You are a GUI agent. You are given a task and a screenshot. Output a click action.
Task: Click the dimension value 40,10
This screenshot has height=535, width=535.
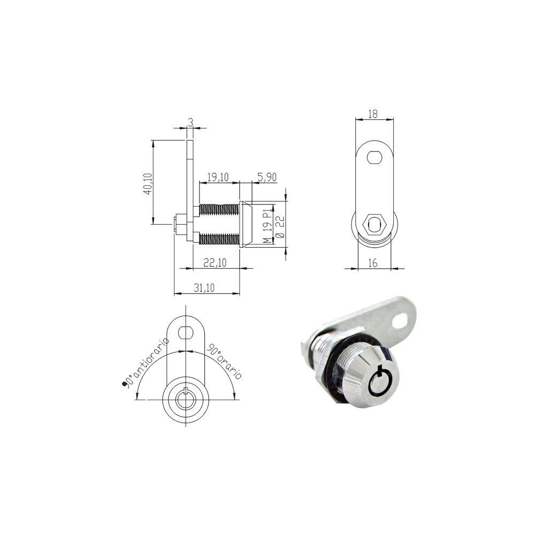coord(148,184)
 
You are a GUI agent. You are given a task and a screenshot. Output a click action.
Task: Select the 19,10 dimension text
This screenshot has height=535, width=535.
coord(218,177)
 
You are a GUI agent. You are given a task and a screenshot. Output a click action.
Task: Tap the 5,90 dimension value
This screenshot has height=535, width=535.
coord(267,177)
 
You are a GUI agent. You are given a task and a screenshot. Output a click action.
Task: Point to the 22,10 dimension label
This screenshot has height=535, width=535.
coord(215,262)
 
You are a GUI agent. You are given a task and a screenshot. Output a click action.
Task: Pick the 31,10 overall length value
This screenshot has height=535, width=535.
coord(204,288)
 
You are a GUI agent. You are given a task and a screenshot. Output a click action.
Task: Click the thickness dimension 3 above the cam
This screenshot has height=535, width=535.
coord(191,122)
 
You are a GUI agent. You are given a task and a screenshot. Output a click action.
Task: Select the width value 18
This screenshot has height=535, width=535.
coord(373,114)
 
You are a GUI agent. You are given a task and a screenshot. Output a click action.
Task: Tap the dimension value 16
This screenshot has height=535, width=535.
coord(373,263)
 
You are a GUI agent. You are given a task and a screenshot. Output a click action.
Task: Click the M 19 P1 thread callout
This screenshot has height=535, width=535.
coord(268,226)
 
